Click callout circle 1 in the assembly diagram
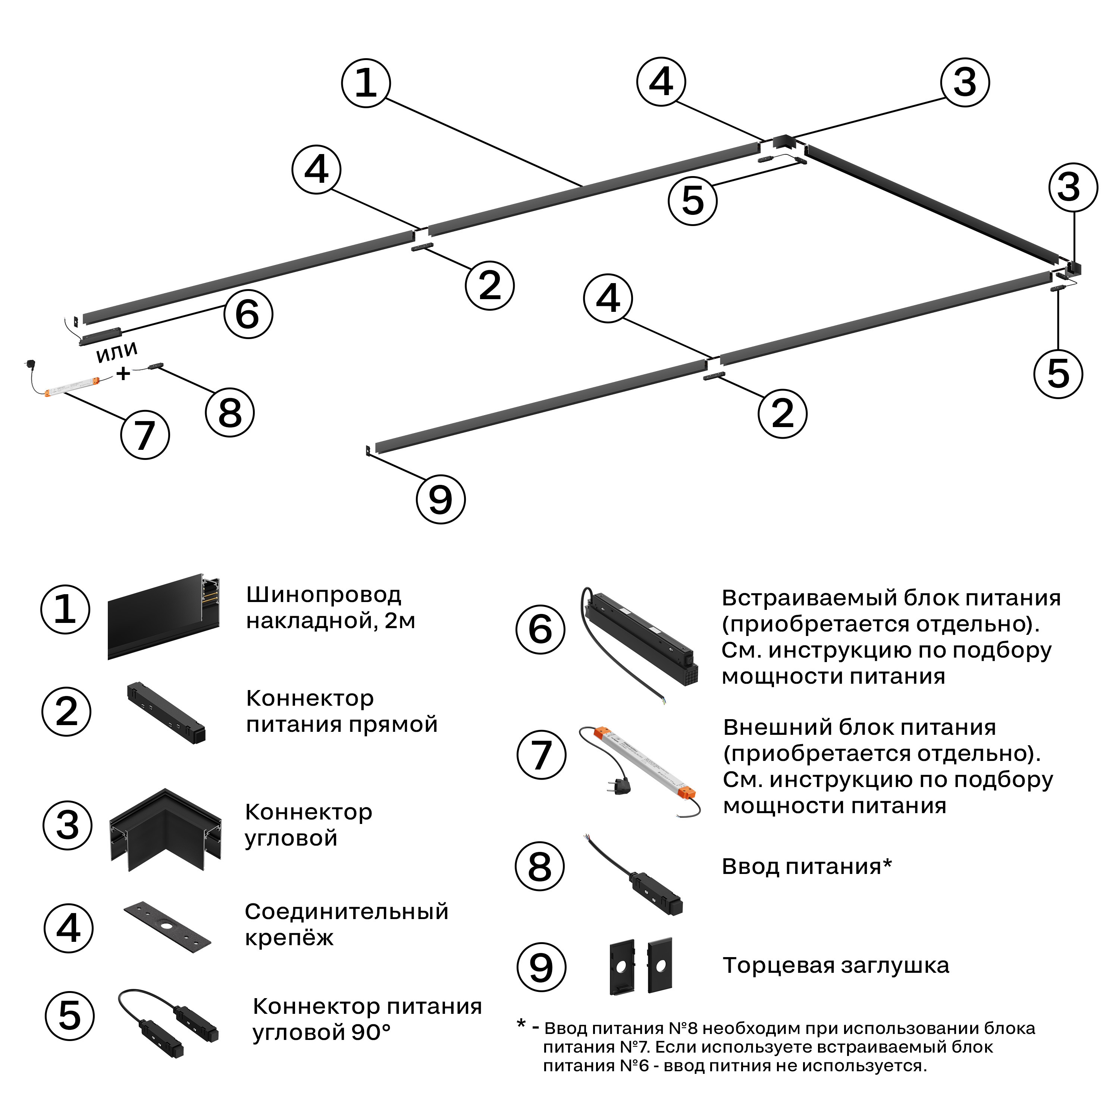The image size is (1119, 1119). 366,83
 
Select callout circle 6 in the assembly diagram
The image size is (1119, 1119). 248,314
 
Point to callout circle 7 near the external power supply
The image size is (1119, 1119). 145,435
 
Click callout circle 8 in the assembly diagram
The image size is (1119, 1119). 230,413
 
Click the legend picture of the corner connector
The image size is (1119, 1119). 166,830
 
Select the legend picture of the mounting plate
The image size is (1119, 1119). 167,925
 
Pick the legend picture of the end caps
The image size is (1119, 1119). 640,967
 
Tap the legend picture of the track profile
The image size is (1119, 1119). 164,617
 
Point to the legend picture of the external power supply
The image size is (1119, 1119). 639,771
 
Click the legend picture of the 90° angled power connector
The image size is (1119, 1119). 168,1022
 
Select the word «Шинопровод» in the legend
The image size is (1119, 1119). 323,595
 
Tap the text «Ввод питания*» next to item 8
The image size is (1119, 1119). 806,866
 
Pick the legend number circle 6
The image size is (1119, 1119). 540,630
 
